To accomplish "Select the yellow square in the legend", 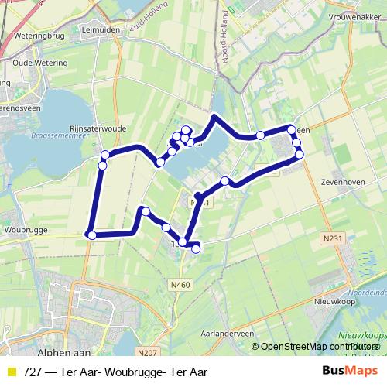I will (11, 372).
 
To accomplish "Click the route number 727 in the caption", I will (33, 372).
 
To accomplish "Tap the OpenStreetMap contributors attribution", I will (316, 346).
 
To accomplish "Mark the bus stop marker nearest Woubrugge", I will (91, 235).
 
